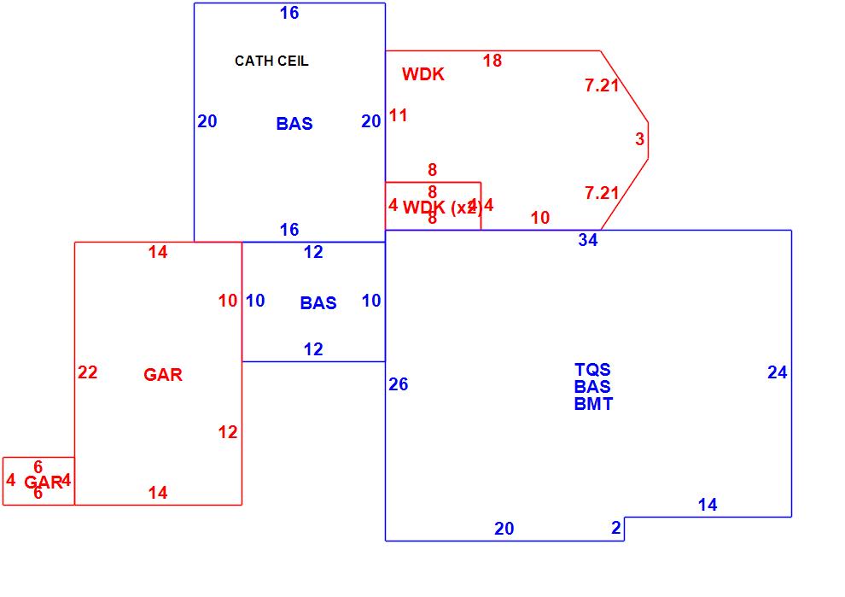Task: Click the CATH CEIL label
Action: coord(271,61)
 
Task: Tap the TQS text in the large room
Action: coord(592,370)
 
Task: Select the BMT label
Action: coord(592,404)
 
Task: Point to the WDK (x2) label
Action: coord(441,207)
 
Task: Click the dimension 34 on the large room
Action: coord(587,240)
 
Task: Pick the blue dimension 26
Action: coord(398,384)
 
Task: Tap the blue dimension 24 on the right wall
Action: coord(777,372)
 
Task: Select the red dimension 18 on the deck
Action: coord(492,60)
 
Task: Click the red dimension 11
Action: coord(399,115)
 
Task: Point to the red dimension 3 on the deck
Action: coord(639,139)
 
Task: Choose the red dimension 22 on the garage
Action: coord(87,372)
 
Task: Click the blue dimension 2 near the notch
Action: coord(616,528)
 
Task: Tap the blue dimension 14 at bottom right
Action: coord(708,505)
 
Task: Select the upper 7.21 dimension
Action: coord(602,85)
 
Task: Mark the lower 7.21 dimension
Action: coord(602,193)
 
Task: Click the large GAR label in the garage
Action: coord(162,375)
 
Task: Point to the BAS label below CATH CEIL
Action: coord(294,124)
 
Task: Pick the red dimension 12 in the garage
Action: coord(227,432)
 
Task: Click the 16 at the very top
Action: coord(289,13)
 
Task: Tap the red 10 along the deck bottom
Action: coord(540,218)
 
